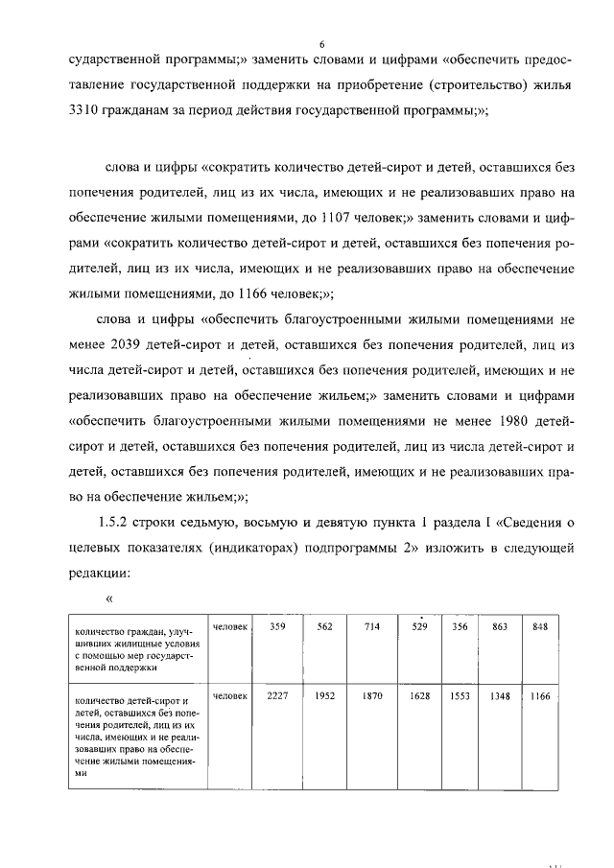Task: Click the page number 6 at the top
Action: tap(322, 44)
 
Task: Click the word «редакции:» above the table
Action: tap(106, 573)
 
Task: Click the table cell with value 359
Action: tap(279, 627)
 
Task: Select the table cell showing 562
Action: tap(323, 627)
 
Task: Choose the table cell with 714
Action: tap(372, 627)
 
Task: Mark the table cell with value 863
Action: tap(500, 627)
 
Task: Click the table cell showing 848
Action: tap(540, 627)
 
